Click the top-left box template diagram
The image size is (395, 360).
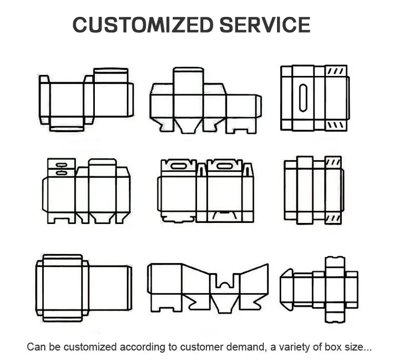point(86,99)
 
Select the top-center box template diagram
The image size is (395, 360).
point(205,100)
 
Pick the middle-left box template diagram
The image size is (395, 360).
point(86,191)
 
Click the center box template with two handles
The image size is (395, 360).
point(205,191)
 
